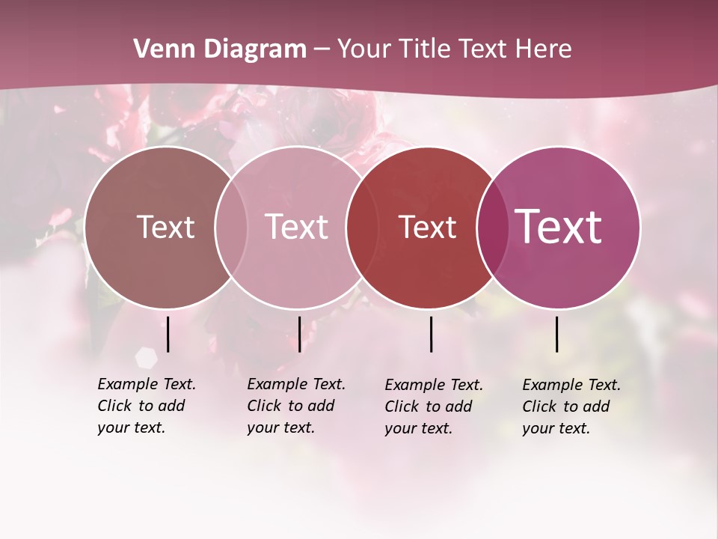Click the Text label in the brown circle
click(x=165, y=227)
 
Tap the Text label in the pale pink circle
click(x=296, y=227)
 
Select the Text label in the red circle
click(x=427, y=228)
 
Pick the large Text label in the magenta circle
click(x=559, y=226)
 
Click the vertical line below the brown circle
click(x=168, y=334)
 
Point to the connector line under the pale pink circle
click(x=299, y=334)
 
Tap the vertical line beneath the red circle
click(x=431, y=334)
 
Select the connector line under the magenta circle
click(x=557, y=334)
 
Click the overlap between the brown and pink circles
click(x=231, y=227)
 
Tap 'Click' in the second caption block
click(x=264, y=406)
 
